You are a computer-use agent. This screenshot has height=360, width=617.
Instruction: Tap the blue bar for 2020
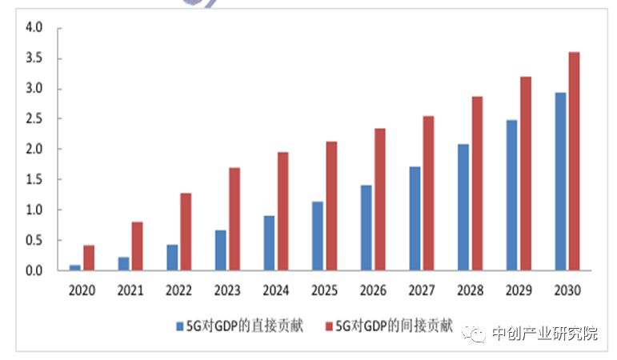click(x=74, y=267)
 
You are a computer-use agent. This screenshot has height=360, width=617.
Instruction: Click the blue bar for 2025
click(x=318, y=236)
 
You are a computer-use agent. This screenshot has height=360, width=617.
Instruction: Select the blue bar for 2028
click(x=463, y=207)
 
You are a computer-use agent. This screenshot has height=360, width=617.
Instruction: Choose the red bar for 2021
click(x=137, y=246)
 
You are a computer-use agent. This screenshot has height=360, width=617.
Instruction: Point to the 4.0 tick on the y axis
click(x=34, y=29)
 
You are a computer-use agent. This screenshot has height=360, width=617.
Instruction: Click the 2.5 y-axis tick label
click(x=34, y=118)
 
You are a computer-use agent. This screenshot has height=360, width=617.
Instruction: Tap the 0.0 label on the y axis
click(x=34, y=270)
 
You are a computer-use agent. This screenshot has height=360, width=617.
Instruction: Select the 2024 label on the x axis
click(x=275, y=290)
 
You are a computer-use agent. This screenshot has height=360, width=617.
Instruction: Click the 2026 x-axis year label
click(x=373, y=290)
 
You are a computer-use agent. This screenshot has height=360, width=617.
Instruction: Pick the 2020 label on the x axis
click(x=82, y=290)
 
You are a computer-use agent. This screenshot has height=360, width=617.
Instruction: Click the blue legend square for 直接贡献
click(x=180, y=326)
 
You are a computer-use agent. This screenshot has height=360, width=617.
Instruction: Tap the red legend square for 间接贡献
click(x=329, y=326)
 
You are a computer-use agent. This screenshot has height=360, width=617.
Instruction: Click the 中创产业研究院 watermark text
click(x=543, y=334)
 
